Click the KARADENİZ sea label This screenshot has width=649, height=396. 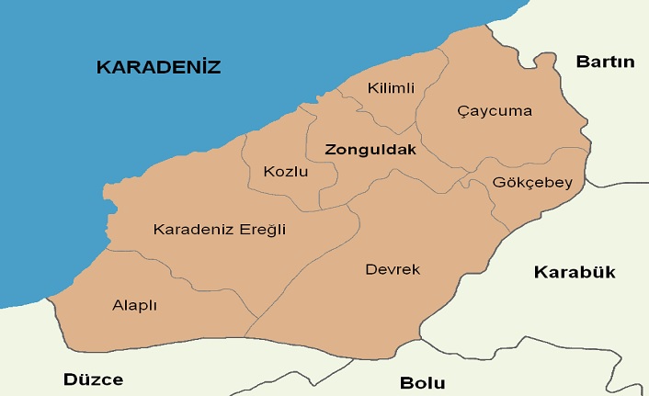pos(159,66)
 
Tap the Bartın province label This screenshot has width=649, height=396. pos(605,62)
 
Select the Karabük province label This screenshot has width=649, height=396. pos(575,272)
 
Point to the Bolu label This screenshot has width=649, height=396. pos(423,383)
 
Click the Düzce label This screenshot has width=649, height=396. pos(93,379)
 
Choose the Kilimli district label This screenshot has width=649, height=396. pos(391,88)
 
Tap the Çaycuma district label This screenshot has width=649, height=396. pos(495,111)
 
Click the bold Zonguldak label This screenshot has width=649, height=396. pos(370,149)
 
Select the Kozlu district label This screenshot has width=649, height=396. pos(285,172)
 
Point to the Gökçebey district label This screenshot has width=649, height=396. pos(532,182)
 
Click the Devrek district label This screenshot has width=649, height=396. pos(393,269)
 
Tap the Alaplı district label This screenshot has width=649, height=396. pos(134,305)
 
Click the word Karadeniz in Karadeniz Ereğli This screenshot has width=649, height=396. pos(188,230)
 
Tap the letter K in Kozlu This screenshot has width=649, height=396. pos(268,172)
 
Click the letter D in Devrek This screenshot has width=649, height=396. pos(370,269)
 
